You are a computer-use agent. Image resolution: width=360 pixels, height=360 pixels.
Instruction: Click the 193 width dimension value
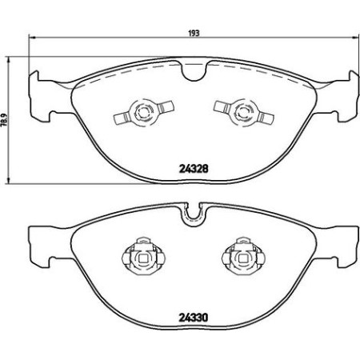(x=193, y=34)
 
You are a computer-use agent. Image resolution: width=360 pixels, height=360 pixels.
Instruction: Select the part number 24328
(x=191, y=168)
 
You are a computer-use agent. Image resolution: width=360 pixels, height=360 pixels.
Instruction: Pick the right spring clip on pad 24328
(x=238, y=111)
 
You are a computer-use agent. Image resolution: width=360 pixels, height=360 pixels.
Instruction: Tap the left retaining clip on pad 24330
(x=142, y=258)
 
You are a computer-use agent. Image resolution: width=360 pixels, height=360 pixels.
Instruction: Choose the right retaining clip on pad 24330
(x=238, y=258)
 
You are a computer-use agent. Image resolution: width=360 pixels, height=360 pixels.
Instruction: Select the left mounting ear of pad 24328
(x=38, y=90)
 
